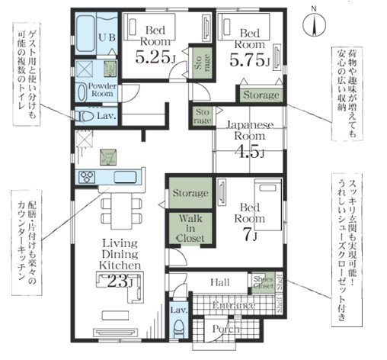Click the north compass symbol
(313, 25)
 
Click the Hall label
(219, 283)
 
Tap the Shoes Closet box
(263, 283)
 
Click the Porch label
(226, 329)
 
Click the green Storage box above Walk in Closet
(190, 194)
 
